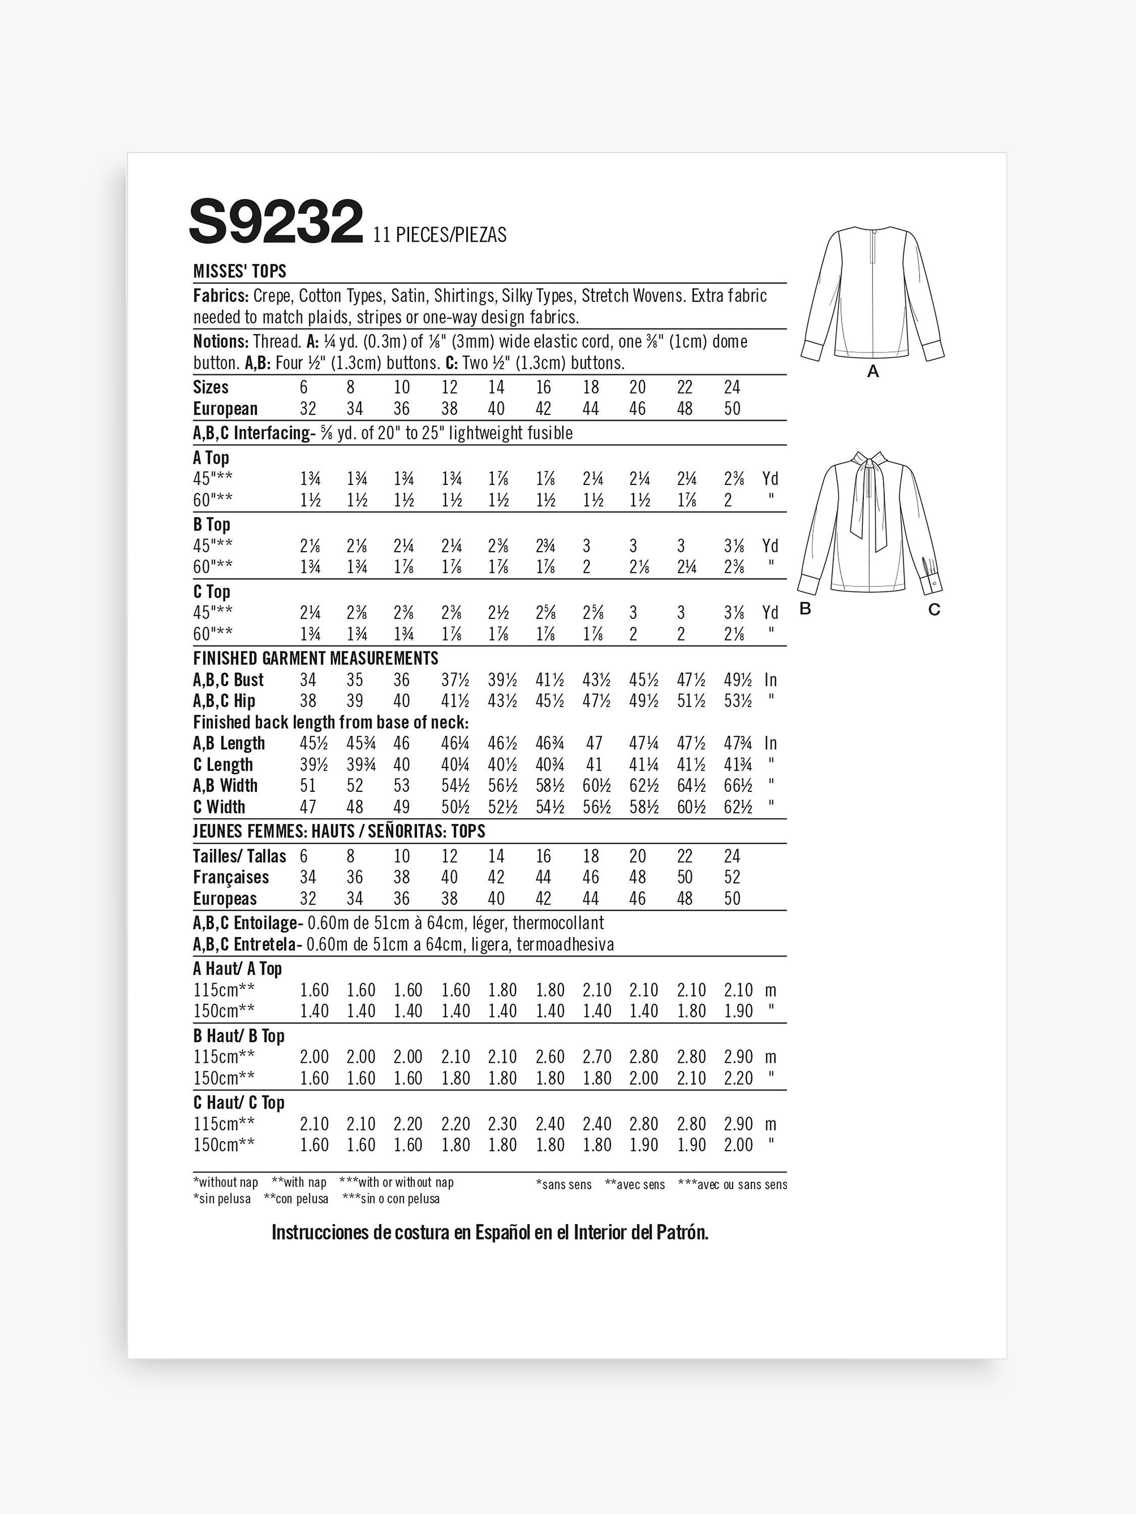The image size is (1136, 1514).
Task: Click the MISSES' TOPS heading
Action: pos(240,272)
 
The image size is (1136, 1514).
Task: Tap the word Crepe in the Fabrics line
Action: pos(272,296)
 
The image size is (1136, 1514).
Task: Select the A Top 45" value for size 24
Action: pos(734,479)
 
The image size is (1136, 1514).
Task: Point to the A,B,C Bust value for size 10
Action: pos(401,680)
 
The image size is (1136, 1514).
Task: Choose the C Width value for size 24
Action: pos(738,807)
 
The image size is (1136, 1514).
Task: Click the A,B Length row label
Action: pos(229,743)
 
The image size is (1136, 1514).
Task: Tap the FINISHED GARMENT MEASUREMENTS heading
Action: pos(316,659)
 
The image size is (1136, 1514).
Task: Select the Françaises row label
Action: pos(231,878)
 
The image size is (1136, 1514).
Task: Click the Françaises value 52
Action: pos(732,878)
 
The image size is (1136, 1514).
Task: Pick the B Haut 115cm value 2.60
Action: pos(550,1057)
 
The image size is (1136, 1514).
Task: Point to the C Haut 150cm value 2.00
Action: pos(738,1145)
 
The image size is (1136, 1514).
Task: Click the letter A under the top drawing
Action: pos(872,371)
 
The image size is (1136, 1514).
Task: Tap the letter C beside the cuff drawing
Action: pos(934,609)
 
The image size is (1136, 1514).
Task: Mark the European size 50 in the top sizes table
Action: pos(732,409)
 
